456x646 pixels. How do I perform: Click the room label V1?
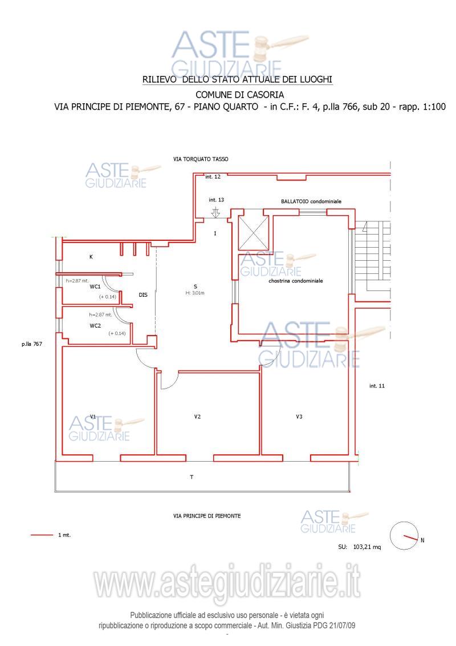pyautogui.click(x=93, y=417)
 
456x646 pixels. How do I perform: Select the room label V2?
pyautogui.click(x=198, y=417)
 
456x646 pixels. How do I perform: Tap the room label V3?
pyautogui.click(x=299, y=417)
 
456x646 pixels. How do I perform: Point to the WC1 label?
pyautogui.click(x=95, y=286)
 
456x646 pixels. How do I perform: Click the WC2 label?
pyautogui.click(x=95, y=325)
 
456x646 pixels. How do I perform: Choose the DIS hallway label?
pyautogui.click(x=143, y=295)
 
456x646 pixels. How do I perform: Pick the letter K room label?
pyautogui.click(x=91, y=257)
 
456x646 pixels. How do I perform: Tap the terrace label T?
pyautogui.click(x=192, y=477)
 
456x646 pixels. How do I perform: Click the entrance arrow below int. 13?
pyautogui.click(x=215, y=213)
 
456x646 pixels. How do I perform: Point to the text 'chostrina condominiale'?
pyautogui.click(x=295, y=281)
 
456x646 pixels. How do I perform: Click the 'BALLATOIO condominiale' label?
pyautogui.click(x=311, y=201)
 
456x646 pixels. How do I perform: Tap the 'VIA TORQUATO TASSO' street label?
pyautogui.click(x=201, y=159)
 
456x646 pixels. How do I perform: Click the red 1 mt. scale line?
pyautogui.click(x=42, y=535)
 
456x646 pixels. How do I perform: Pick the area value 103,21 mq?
pyautogui.click(x=367, y=547)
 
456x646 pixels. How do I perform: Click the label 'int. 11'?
pyautogui.click(x=377, y=386)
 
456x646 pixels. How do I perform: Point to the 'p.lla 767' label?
pyautogui.click(x=32, y=344)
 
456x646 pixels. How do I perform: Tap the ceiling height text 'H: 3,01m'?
pyautogui.click(x=195, y=293)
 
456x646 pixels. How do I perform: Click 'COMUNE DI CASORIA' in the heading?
pyautogui.click(x=239, y=95)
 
